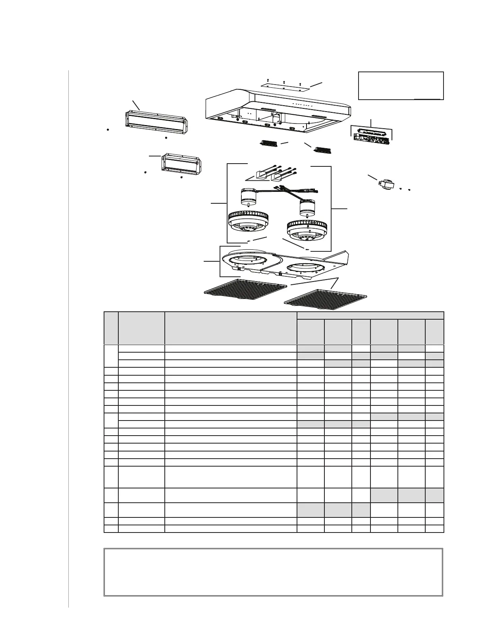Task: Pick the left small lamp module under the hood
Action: (267, 143)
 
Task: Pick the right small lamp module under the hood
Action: (322, 150)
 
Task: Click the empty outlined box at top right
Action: (401, 85)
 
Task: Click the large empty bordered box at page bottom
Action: (273, 572)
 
